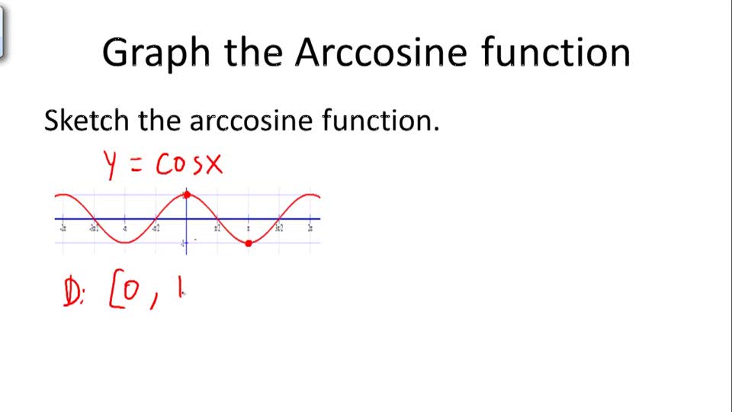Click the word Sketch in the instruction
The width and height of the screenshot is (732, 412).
(x=87, y=120)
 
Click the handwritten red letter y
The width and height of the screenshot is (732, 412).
(x=111, y=165)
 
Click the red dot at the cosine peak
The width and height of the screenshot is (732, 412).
(x=187, y=195)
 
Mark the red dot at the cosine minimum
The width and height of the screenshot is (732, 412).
(x=249, y=243)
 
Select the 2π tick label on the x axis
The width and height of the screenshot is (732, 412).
(x=310, y=227)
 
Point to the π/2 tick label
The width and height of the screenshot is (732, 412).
(x=217, y=227)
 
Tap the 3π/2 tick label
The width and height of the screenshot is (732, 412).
(x=279, y=227)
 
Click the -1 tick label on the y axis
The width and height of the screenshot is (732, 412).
(x=183, y=243)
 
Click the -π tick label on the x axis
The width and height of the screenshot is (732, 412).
(x=124, y=227)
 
